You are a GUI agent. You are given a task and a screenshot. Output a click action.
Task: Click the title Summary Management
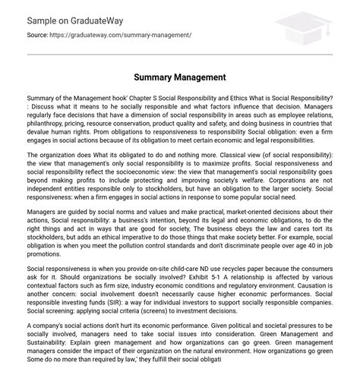pyautogui.click(x=180, y=77)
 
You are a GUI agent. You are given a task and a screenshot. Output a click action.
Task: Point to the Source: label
pyautogui.click(x=38, y=35)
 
